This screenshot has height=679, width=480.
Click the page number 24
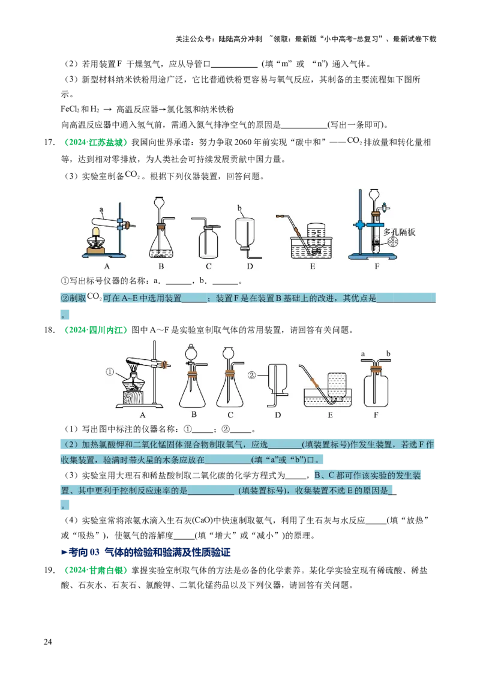[47, 642]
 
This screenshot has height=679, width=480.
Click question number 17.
[49, 142]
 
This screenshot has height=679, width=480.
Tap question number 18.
[49, 330]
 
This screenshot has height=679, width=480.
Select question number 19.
[49, 570]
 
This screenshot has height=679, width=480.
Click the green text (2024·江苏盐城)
[96, 142]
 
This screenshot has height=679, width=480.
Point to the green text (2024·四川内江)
[96, 330]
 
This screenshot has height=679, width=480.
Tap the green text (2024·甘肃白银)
[96, 570]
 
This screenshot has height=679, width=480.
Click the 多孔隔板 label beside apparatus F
[400, 232]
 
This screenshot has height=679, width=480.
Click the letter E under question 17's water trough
[313, 266]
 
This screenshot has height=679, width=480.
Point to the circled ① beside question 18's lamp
[110, 371]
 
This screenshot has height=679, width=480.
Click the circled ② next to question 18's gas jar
[251, 375]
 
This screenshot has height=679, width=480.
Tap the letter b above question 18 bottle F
[388, 354]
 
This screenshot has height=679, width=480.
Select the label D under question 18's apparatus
[278, 415]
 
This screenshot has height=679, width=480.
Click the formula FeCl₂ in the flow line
[70, 109]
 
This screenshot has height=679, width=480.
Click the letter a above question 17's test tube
[101, 209]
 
